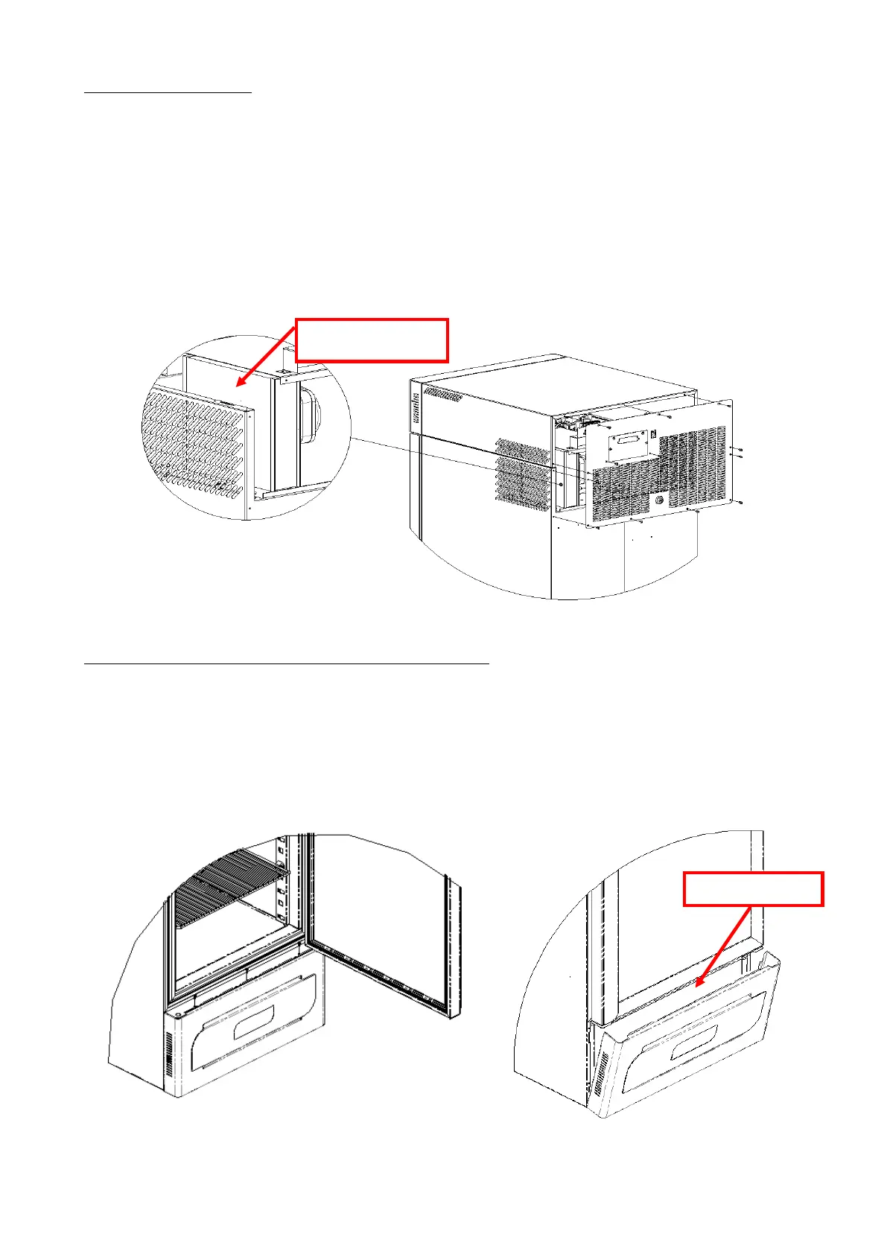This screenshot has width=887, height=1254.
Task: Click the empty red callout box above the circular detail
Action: (372, 340)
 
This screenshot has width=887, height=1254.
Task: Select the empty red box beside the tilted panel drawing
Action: (753, 889)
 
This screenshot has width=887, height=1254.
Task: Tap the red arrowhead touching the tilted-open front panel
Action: (698, 984)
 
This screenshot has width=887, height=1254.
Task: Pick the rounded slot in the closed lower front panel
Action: (254, 1022)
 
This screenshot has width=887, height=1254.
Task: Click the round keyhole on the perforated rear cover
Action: (659, 501)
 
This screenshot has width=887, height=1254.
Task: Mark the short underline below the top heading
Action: (168, 93)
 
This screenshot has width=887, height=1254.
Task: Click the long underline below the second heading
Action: (287, 662)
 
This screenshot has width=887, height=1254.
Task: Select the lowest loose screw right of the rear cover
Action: (742, 503)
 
